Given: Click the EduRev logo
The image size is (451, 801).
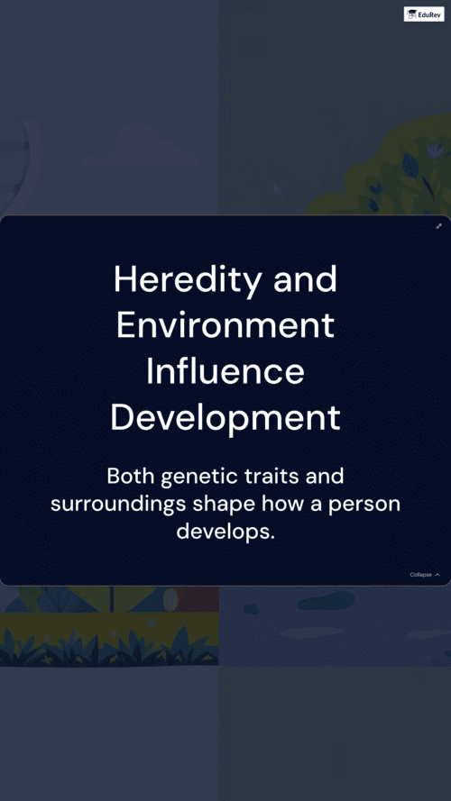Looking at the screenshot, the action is pos(424,14).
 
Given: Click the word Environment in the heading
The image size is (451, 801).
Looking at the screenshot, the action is pos(225,326).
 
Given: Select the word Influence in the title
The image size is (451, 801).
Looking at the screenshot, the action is pos(225,372).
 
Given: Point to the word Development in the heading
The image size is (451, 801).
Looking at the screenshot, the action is pos(225,419).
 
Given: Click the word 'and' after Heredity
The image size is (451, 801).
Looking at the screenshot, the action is pos(305,279).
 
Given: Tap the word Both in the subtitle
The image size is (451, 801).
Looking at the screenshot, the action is pos(131,477).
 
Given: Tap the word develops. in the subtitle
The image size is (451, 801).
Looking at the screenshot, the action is pos(225,532).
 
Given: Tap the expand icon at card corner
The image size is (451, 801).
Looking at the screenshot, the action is pos(438,226).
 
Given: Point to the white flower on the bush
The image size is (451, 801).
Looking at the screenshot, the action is pos(435,150).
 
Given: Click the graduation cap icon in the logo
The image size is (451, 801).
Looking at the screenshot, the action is pos(411,14).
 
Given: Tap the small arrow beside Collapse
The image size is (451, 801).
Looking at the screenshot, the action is pos(437,575).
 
